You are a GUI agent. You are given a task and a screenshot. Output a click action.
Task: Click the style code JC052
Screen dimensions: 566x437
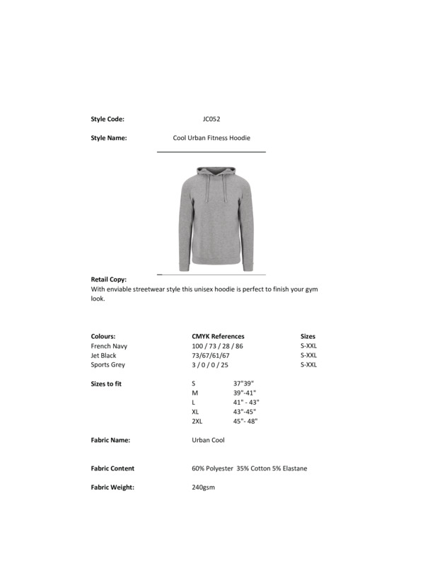tap(211, 119)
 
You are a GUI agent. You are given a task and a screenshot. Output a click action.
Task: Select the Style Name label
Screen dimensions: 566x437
tap(109, 138)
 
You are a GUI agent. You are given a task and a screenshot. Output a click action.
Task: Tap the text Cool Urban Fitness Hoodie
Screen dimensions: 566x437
tap(211, 138)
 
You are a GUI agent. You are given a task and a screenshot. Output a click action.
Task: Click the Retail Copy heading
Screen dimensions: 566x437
tap(109, 279)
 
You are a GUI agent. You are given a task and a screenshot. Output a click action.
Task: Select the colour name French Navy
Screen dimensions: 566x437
tap(109, 346)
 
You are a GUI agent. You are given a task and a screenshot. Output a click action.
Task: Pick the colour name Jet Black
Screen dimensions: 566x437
tap(104, 355)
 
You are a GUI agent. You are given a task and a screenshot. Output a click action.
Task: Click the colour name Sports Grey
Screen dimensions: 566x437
tap(108, 365)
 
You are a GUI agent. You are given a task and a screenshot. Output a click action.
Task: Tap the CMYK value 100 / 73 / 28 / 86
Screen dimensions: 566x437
tap(217, 346)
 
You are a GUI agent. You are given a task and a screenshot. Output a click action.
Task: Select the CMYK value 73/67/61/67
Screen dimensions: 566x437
tap(211, 355)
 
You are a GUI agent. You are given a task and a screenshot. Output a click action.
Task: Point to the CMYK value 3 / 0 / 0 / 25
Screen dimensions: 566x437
tap(210, 365)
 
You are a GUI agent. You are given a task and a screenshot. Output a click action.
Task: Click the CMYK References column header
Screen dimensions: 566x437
tap(218, 336)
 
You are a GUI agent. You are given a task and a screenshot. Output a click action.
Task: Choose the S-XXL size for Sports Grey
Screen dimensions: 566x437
tap(308, 365)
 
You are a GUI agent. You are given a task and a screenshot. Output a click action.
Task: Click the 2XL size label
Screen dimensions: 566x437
tap(197, 421)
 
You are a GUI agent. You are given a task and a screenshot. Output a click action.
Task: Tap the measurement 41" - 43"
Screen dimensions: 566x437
tap(246, 402)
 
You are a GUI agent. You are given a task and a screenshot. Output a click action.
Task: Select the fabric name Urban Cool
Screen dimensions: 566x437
tap(208, 440)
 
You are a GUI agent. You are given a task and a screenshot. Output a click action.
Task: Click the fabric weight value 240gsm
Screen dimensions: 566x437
tap(203, 487)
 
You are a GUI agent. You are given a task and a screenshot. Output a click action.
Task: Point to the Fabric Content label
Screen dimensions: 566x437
tap(112, 468)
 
